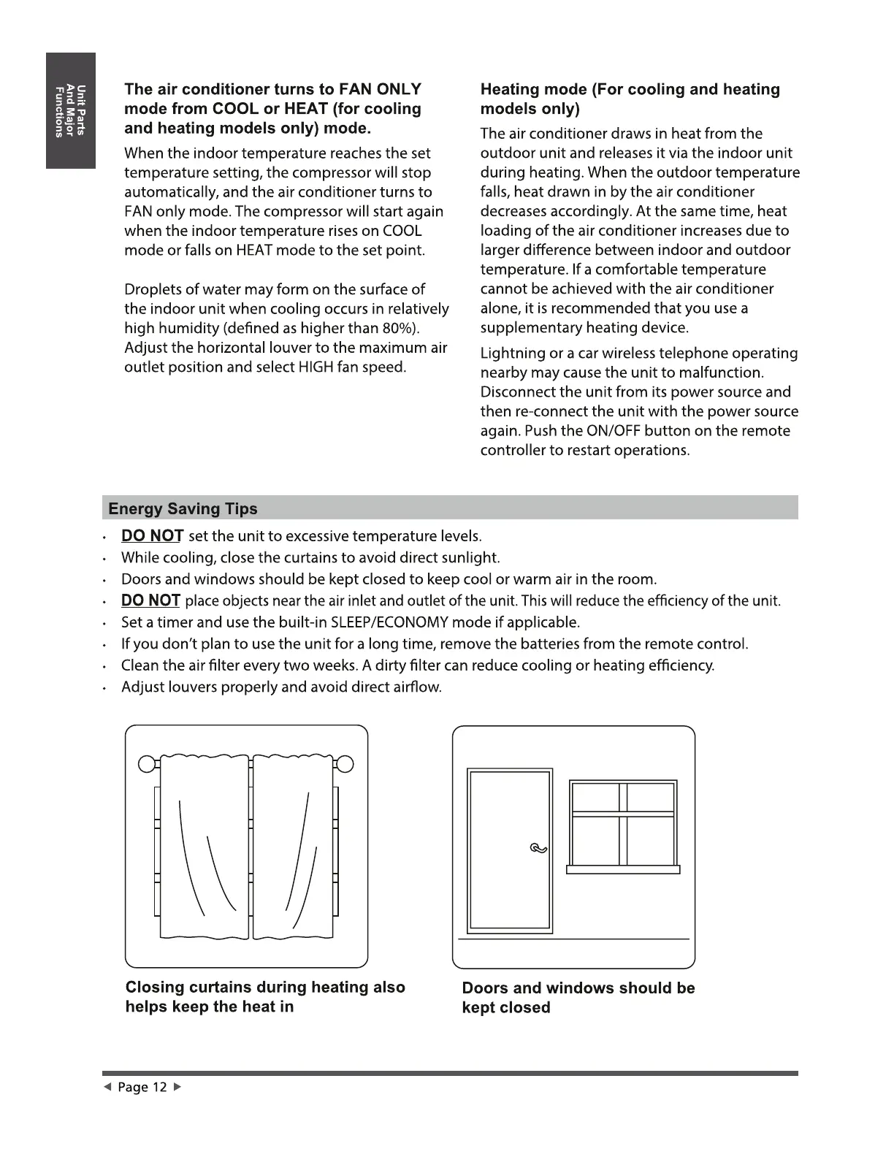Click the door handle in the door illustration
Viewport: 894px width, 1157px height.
pyautogui.click(x=538, y=848)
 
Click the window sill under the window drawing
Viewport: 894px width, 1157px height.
pyautogui.click(x=623, y=869)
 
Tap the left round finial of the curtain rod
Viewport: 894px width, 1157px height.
pyautogui.click(x=146, y=764)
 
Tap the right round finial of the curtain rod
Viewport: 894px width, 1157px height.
pyautogui.click(x=345, y=764)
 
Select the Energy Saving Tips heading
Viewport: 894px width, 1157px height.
pyautogui.click(x=183, y=508)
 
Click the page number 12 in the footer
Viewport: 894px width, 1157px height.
pyautogui.click(x=159, y=1088)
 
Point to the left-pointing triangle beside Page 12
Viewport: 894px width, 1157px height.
pyautogui.click(x=107, y=1088)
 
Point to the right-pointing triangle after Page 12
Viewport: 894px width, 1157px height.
pyautogui.click(x=176, y=1088)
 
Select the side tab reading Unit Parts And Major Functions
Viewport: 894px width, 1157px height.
pyautogui.click(x=71, y=110)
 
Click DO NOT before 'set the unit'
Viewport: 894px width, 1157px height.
pyautogui.click(x=152, y=536)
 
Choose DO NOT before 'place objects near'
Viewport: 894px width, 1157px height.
pyautogui.click(x=150, y=600)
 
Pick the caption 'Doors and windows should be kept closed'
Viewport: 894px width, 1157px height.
pyautogui.click(x=578, y=997)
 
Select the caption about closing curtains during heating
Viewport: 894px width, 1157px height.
pyautogui.click(x=265, y=996)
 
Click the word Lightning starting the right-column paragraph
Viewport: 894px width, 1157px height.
pyautogui.click(x=512, y=354)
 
